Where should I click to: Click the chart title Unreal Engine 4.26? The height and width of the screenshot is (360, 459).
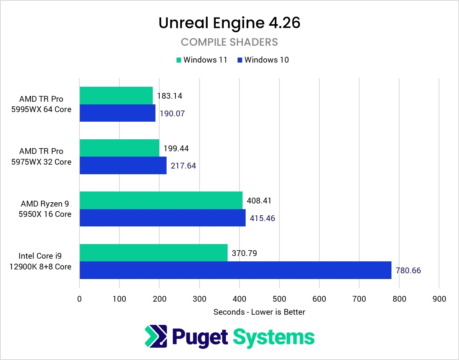pyautogui.click(x=229, y=23)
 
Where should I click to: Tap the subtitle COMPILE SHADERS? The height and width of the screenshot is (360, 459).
pyautogui.click(x=229, y=42)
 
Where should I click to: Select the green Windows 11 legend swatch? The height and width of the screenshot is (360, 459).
pyautogui.click(x=178, y=60)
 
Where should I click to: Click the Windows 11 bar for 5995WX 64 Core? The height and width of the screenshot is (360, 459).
pyautogui.click(x=116, y=96)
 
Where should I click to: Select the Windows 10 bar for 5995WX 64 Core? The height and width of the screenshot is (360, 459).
pyautogui.click(x=117, y=113)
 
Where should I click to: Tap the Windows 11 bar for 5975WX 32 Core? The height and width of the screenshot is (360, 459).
pyautogui.click(x=119, y=148)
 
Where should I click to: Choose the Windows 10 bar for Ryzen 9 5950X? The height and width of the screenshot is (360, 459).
pyautogui.click(x=162, y=218)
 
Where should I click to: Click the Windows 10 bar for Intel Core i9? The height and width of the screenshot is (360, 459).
pyautogui.click(x=235, y=270)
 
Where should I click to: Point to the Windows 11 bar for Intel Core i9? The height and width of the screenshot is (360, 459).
pyautogui.click(x=154, y=253)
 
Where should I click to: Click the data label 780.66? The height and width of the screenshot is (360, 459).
pyautogui.click(x=408, y=271)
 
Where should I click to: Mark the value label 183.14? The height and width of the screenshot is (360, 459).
pyautogui.click(x=170, y=96)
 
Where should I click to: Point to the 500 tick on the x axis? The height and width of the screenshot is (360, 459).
pyautogui.click(x=279, y=299)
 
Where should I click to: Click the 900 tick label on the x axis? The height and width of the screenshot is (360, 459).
pyautogui.click(x=439, y=299)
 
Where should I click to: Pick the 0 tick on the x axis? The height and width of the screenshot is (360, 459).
pyautogui.click(x=79, y=299)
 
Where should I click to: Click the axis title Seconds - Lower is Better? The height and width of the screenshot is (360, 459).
pyautogui.click(x=259, y=312)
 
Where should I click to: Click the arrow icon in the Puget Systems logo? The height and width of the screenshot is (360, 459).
pyautogui.click(x=156, y=336)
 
